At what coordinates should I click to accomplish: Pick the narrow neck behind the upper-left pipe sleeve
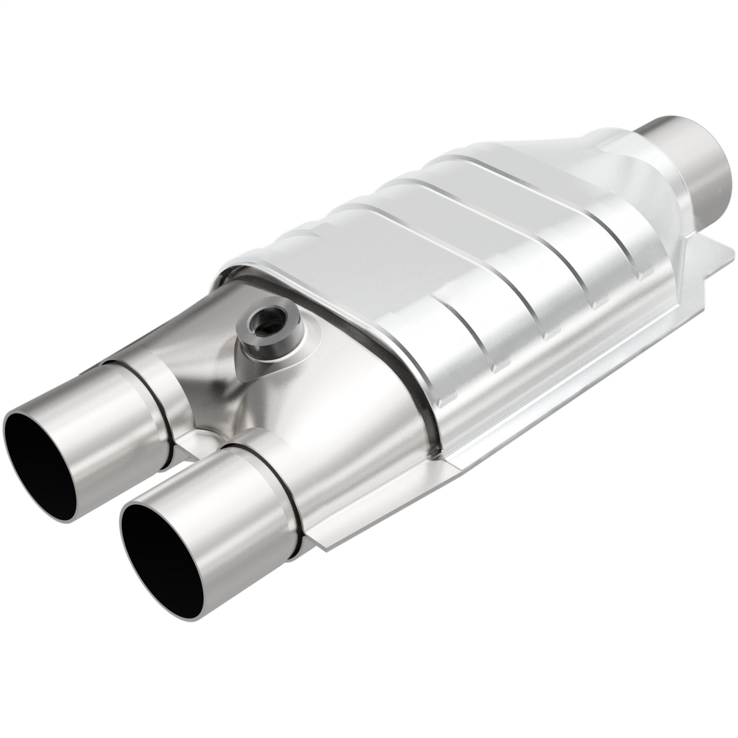[x=162, y=394]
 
